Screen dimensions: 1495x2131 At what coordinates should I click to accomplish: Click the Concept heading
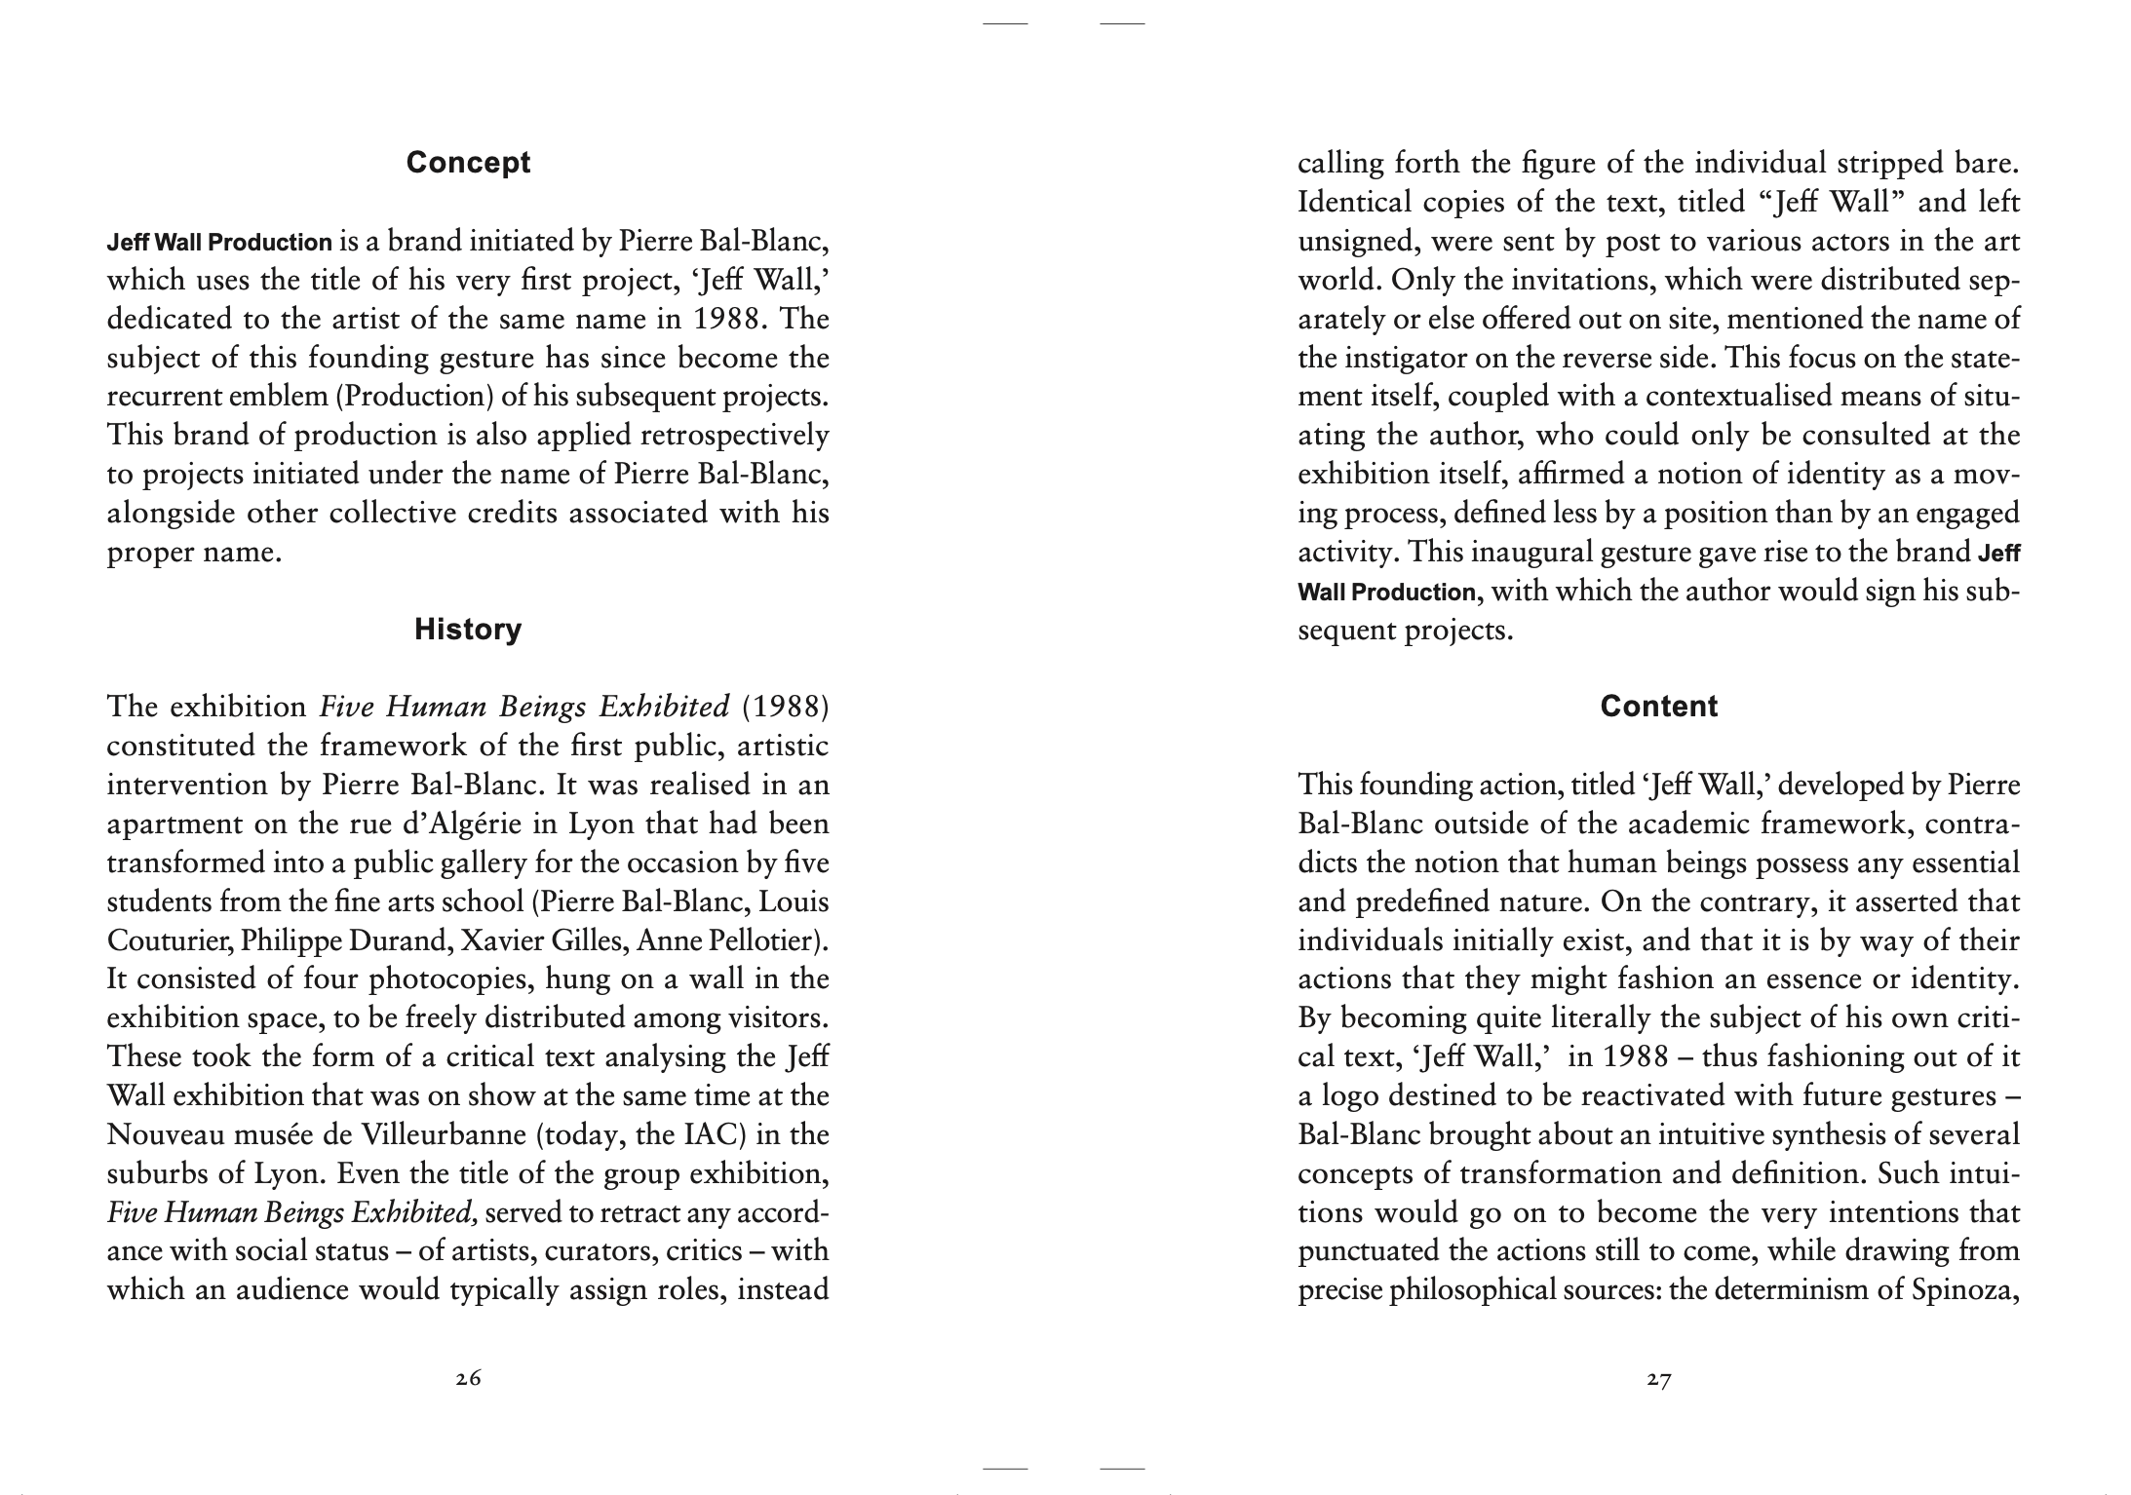tap(468, 163)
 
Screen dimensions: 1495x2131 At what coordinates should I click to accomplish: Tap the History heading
tap(468, 630)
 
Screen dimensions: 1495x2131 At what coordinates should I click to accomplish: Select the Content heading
tap(1658, 707)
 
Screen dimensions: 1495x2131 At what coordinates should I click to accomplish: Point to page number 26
tap(468, 1379)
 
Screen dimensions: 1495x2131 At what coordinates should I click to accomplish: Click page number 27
tap(1658, 1379)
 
